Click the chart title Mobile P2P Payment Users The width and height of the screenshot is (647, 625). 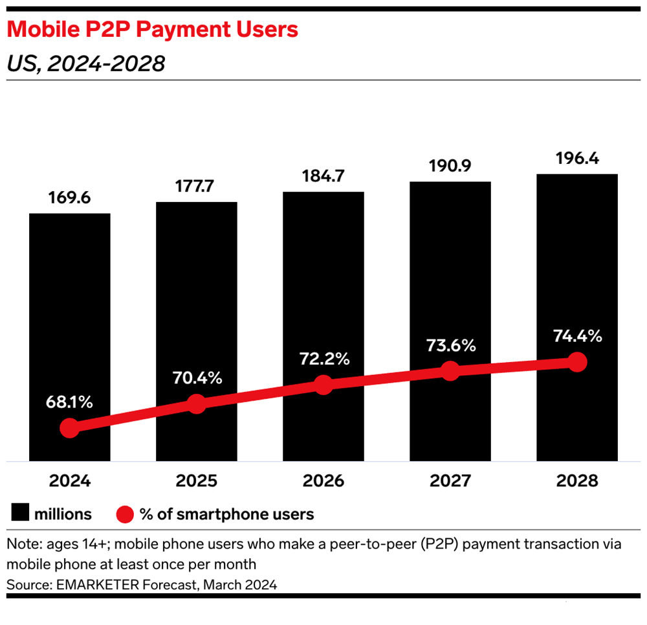click(153, 29)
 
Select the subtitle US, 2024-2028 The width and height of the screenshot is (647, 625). click(85, 63)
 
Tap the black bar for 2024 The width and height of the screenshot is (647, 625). click(69, 291)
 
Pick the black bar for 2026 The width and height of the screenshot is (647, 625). click(323, 272)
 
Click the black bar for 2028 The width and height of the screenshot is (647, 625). click(577, 259)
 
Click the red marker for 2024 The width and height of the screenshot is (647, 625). click(69, 428)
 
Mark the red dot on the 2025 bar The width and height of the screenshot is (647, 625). click(196, 404)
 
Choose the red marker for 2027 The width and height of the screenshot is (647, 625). click(450, 371)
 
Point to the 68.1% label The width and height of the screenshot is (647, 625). click(69, 402)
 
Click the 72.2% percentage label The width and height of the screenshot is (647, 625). click(323, 358)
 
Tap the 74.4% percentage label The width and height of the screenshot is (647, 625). click(577, 335)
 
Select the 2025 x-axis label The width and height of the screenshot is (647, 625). click(196, 482)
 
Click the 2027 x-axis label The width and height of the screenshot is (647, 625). click(450, 482)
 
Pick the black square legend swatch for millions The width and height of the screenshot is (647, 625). click(19, 514)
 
